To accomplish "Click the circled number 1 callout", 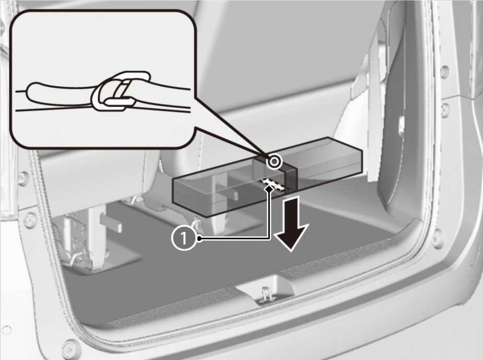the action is (x=184, y=238).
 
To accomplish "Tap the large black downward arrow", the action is (x=291, y=225).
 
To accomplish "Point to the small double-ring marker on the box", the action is (x=274, y=161).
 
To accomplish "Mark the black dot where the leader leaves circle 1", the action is (x=199, y=238).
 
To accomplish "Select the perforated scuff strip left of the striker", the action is (x=172, y=308).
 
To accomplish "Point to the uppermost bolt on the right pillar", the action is (x=444, y=70).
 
